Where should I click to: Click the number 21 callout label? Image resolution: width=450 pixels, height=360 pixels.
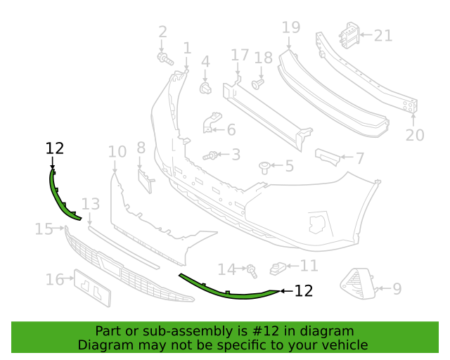pos(383,35)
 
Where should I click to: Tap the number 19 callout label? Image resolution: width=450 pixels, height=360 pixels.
pos(290,27)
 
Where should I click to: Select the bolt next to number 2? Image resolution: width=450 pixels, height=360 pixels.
pos(163,58)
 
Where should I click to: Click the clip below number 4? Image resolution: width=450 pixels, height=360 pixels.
pos(206,88)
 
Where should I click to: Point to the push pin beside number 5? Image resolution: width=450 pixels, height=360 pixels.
pos(265,167)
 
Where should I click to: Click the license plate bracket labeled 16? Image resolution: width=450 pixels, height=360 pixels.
pos(92,287)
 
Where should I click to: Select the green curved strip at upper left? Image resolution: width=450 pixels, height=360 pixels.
pos(61,197)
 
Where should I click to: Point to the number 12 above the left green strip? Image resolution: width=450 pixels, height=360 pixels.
pos(54,148)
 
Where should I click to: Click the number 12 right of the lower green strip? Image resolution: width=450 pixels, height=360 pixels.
pos(303,290)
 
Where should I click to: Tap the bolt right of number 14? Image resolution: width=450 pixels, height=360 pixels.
pos(252,269)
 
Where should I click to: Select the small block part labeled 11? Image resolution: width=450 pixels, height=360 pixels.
pos(279,268)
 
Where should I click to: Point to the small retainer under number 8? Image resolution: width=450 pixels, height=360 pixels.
pos(144,180)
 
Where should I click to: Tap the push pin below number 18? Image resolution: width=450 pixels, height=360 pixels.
pos(257,84)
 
